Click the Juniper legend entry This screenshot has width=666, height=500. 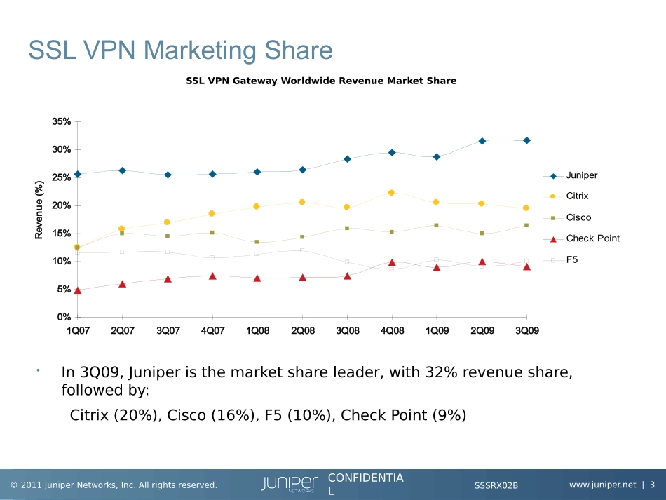point(581,176)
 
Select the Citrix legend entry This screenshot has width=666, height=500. point(577,196)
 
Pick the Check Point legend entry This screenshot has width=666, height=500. point(592,238)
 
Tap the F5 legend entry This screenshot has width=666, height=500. point(571,259)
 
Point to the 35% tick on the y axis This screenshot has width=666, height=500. point(61,121)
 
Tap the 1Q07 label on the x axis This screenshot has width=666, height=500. point(78,331)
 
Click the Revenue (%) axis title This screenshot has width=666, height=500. point(40,210)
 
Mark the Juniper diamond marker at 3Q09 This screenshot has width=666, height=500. point(526,140)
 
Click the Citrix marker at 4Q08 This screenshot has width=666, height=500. point(391,193)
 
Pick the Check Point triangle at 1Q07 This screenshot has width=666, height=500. point(78,290)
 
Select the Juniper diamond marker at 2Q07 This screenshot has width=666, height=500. point(122,170)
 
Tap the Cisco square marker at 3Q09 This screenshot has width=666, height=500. point(526,225)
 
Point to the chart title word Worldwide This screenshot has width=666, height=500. point(307,81)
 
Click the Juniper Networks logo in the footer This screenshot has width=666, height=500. point(290,484)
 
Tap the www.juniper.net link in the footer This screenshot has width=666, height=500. point(602,485)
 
